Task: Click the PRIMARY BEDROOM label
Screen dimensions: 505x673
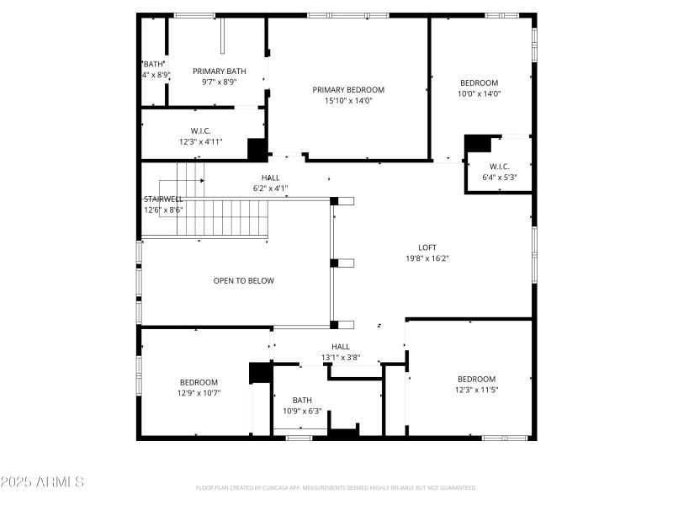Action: click(348, 90)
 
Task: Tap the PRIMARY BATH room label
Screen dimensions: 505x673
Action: click(219, 72)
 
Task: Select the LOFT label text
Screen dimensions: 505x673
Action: click(427, 247)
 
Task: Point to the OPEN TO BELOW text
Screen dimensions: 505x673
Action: click(243, 281)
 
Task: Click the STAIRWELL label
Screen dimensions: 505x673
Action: click(162, 199)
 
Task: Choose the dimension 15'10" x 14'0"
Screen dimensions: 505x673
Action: click(348, 101)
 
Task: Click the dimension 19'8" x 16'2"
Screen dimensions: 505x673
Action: click(427, 258)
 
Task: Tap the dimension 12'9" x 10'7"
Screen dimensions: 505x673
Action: click(199, 393)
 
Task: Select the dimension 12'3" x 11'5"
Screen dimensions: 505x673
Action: click(476, 390)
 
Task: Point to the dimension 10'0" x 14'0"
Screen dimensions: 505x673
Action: click(479, 94)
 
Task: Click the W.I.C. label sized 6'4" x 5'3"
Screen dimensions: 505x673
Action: click(499, 167)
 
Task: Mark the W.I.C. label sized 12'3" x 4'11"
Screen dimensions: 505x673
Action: click(200, 130)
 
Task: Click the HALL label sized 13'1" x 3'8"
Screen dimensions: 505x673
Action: click(341, 347)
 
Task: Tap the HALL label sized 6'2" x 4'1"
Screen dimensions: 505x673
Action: click(270, 178)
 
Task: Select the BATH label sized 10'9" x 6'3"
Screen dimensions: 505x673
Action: click(302, 400)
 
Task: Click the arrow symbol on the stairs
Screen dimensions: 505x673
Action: click(200, 180)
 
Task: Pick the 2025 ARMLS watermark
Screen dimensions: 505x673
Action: click(42, 482)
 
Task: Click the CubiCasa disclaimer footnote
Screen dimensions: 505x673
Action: click(336, 487)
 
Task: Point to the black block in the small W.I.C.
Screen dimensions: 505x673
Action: click(477, 143)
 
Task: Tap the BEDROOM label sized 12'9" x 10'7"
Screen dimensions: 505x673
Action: click(199, 382)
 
